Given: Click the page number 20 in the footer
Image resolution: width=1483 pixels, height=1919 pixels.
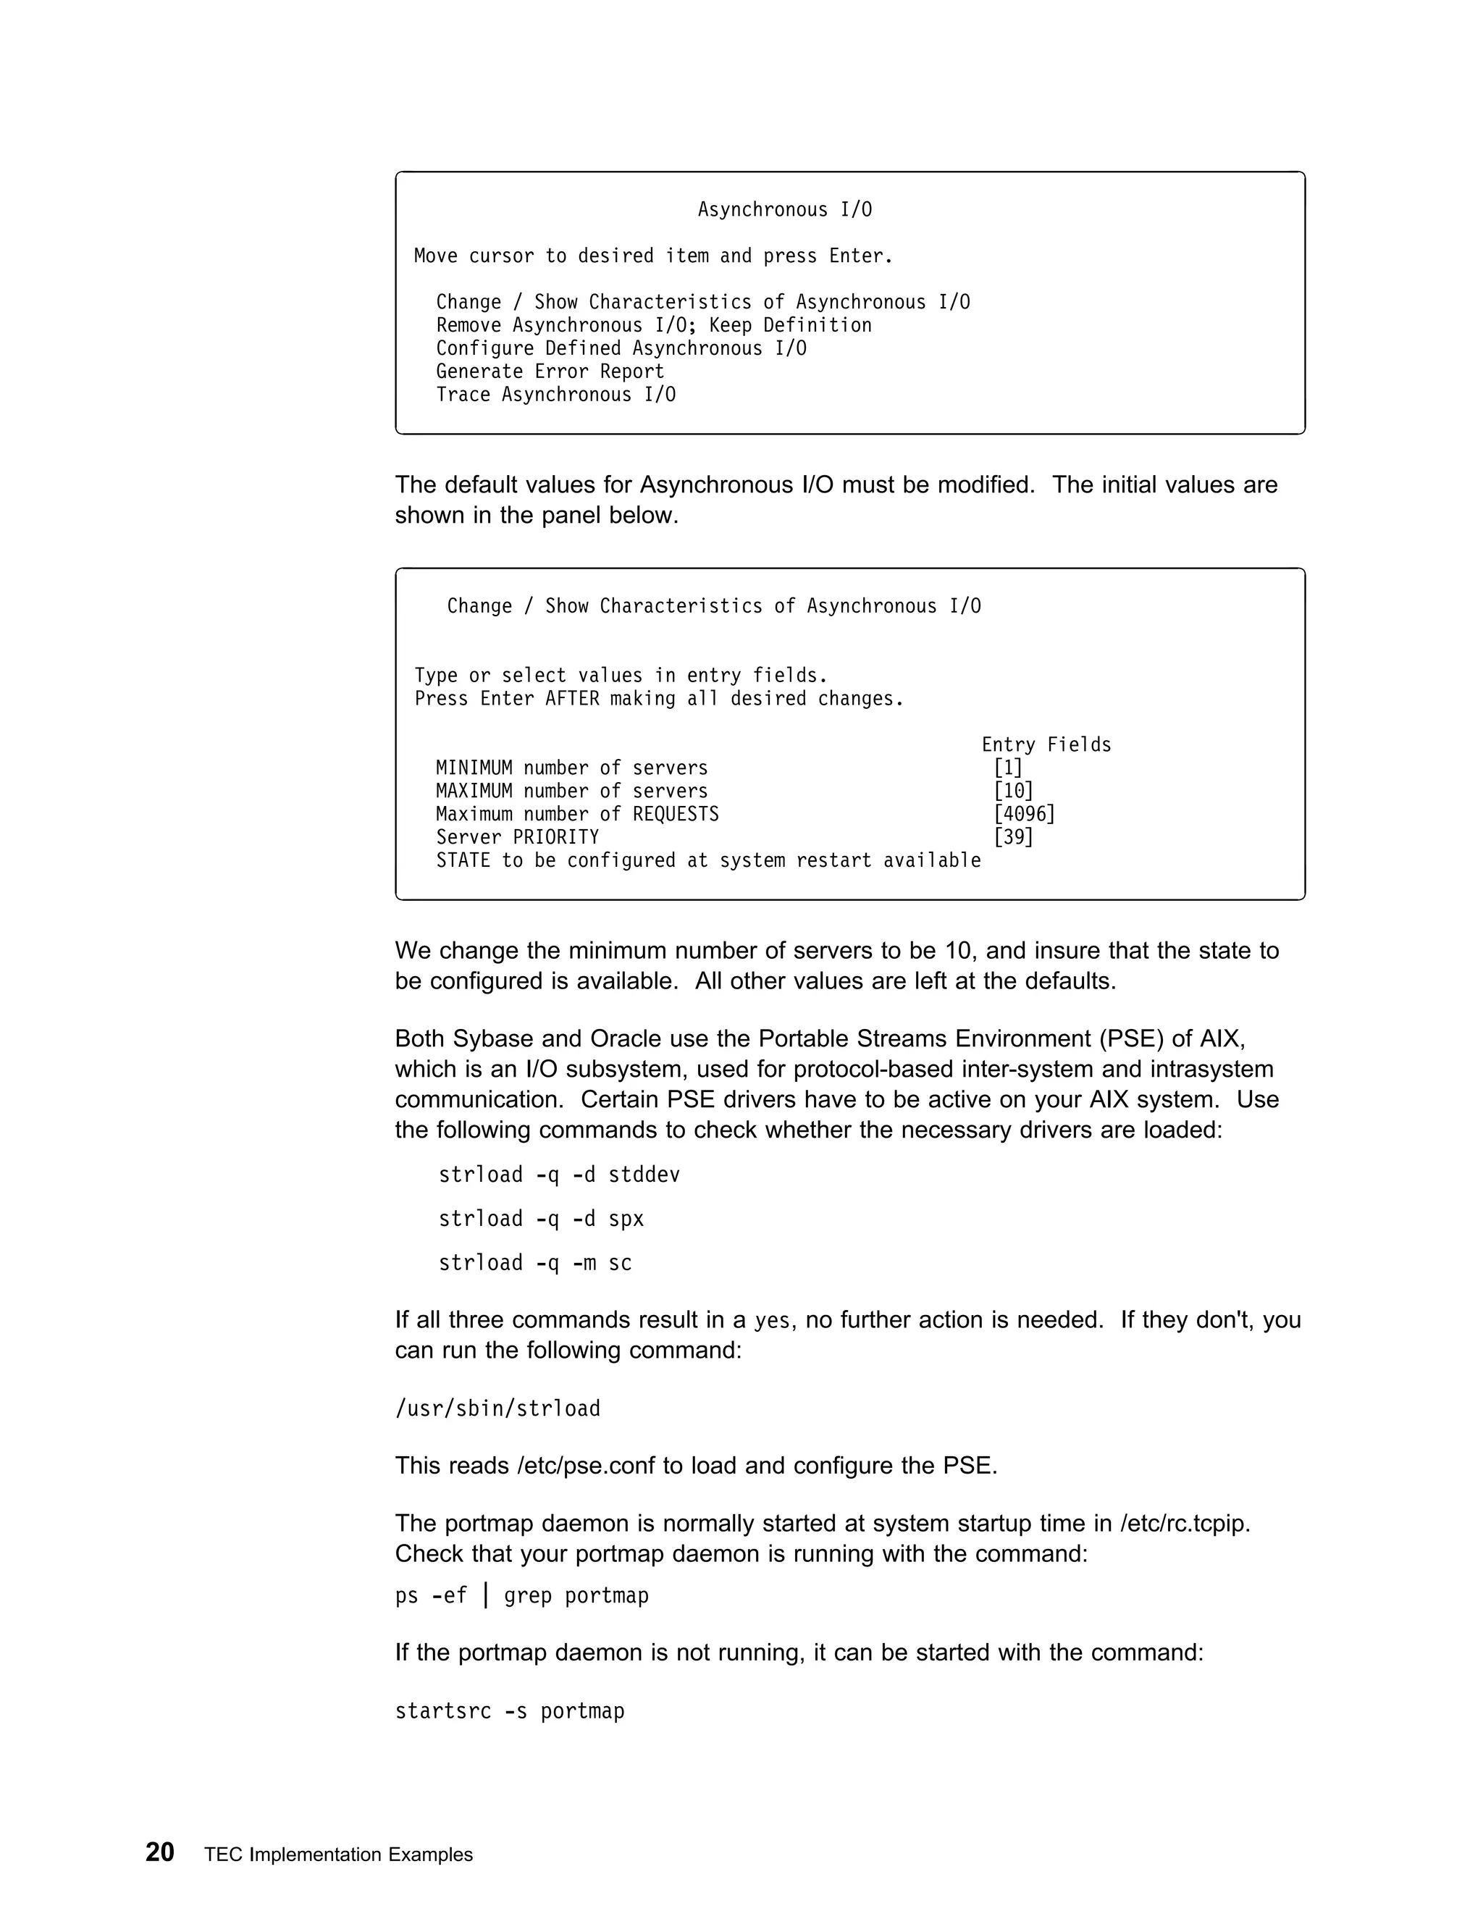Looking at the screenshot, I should (160, 1852).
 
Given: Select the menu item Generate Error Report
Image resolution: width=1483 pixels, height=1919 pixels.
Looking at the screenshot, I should (550, 371).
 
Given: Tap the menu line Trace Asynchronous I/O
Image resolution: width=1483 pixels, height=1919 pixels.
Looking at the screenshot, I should (556, 395).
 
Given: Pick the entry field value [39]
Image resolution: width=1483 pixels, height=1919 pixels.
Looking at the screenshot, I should (1013, 837).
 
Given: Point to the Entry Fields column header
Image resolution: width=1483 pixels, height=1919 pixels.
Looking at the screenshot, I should (1046, 745).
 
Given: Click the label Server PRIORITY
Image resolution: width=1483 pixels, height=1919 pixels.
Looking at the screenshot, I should (518, 837).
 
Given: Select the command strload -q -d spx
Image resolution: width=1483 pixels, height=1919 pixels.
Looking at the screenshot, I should (541, 1219).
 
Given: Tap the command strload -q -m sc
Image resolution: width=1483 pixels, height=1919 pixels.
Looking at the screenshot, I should (535, 1263).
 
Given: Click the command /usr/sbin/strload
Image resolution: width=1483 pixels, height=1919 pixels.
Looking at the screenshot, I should (497, 1408).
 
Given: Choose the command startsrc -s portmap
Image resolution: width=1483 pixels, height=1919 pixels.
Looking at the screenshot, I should (510, 1710).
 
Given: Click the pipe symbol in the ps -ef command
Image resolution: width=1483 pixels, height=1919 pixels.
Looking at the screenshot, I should (486, 1595).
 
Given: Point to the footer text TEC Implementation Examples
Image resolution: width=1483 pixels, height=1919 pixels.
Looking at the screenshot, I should (338, 1855).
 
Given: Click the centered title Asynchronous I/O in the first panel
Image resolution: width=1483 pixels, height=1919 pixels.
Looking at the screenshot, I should (784, 210).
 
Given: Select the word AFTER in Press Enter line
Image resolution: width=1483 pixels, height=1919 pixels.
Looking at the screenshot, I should (572, 699).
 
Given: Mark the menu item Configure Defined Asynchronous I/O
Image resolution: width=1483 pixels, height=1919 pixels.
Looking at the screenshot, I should (621, 349).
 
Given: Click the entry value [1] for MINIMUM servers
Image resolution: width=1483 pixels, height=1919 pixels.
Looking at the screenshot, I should (1008, 768).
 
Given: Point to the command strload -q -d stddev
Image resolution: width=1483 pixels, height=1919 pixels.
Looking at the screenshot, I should (559, 1175).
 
